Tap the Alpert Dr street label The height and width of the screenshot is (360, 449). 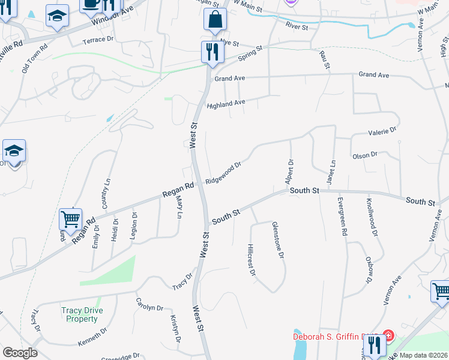point(291,172)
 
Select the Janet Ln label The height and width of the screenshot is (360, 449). point(330,172)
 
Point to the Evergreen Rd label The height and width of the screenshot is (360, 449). point(343,220)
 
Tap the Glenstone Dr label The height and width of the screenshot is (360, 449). point(277,239)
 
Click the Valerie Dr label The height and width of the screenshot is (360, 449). point(382,130)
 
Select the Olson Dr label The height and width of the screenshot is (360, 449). point(365,155)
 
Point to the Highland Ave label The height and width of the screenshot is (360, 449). point(226,104)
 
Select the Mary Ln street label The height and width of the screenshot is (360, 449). point(178,206)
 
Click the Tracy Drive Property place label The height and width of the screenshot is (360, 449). point(82,314)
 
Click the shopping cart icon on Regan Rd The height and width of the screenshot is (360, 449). point(70,220)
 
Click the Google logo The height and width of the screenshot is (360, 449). point(20,353)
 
